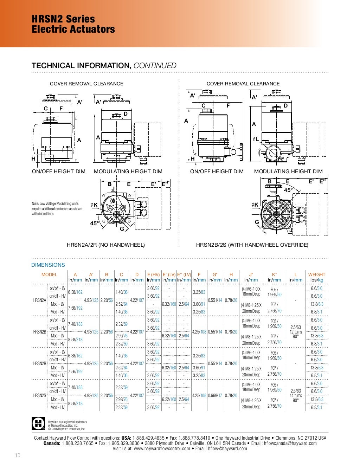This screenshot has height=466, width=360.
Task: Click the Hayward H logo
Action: coord(38,423)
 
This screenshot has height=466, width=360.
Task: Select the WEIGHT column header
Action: coord(316,274)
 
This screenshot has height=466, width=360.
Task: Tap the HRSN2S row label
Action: coord(40,395)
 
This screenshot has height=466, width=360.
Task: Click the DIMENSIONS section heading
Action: coord(48,265)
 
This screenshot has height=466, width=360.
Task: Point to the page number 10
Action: coord(18,455)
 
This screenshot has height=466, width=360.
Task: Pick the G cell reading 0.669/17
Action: coord(215,395)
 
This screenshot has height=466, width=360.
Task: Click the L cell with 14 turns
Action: coord(296,396)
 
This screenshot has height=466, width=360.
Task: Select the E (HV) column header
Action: coord(153,274)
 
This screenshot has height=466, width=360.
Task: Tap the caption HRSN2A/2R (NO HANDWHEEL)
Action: coord(106,245)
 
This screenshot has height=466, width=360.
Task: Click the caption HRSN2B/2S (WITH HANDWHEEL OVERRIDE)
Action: coord(252,245)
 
